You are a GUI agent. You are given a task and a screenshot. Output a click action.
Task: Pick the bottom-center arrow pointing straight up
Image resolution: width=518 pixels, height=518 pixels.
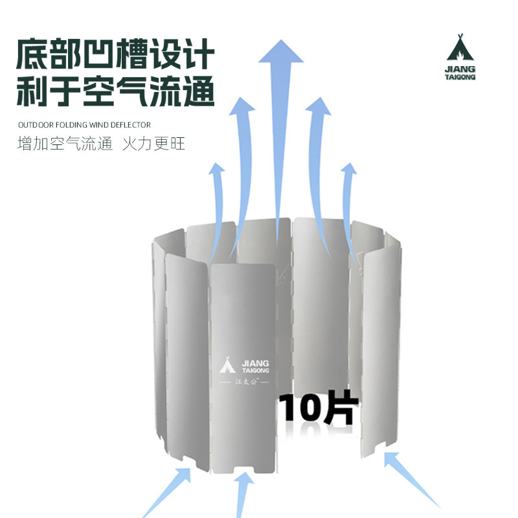[x=243, y=495]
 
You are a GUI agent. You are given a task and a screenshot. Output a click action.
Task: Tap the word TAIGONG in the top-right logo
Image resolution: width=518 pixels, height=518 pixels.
[x=460, y=76]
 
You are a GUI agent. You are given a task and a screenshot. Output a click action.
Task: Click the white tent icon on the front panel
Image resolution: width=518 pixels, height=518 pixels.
[x=227, y=366]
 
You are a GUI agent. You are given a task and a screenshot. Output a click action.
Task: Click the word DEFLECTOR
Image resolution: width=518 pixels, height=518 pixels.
[x=132, y=124]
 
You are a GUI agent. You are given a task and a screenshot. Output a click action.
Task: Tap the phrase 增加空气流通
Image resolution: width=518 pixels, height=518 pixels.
[x=58, y=143]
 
